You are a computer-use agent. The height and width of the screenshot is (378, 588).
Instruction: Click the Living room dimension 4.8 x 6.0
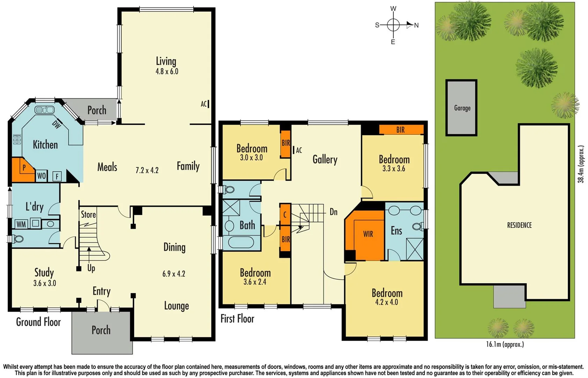click(x=167, y=71)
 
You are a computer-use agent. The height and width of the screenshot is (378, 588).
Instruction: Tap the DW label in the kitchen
click(x=56, y=124)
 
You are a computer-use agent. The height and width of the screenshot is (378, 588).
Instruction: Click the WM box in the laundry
click(x=21, y=224)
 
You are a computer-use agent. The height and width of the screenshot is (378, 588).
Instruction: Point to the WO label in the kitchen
click(x=41, y=176)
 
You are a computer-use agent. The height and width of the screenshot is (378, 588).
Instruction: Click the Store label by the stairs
click(x=88, y=214)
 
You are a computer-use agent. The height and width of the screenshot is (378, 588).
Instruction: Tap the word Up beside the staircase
click(x=91, y=268)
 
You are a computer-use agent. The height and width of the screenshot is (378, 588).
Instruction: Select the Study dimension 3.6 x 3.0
click(x=44, y=283)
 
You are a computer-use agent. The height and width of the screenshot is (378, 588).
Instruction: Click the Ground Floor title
click(x=38, y=322)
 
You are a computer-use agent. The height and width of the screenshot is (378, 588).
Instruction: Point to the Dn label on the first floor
click(x=333, y=212)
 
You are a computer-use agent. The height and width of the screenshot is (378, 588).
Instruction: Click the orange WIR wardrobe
click(x=368, y=234)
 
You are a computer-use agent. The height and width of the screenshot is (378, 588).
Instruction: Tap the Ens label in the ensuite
click(x=396, y=231)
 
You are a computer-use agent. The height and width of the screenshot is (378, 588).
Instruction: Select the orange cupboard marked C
click(x=285, y=215)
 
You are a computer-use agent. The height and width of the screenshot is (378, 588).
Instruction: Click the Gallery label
click(x=325, y=160)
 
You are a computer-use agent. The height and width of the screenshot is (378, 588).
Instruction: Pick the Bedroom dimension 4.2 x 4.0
click(x=386, y=302)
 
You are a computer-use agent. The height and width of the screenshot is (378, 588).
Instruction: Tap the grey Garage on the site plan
click(x=462, y=108)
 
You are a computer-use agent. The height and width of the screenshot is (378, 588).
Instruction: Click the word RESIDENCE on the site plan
click(x=519, y=225)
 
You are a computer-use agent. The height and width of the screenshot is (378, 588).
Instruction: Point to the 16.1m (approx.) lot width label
click(x=504, y=344)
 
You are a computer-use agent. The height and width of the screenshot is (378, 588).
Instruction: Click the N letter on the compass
click(x=416, y=25)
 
